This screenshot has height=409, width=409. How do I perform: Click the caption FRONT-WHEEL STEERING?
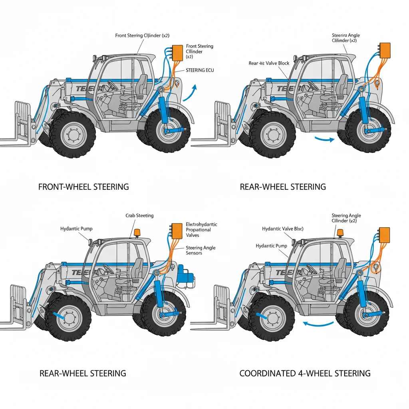click(x=83, y=187)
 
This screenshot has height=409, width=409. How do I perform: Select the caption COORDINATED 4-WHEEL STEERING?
click(x=305, y=373)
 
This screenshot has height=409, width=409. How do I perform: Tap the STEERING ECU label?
click(x=200, y=70)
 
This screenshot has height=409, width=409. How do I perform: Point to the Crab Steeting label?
click(x=139, y=216)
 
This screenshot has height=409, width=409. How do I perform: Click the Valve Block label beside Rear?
click(x=268, y=64)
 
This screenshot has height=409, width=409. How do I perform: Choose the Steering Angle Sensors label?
click(x=201, y=250)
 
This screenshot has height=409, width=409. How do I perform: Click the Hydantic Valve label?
click(x=282, y=229)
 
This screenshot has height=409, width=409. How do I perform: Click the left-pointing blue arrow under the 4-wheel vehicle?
click(x=318, y=324)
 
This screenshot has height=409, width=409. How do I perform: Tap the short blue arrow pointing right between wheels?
click(x=324, y=139)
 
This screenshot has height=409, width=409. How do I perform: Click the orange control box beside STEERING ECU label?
click(x=176, y=52)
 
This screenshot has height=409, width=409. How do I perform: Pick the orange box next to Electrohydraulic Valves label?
click(x=176, y=230)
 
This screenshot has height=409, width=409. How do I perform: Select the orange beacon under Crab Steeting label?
click(x=137, y=232)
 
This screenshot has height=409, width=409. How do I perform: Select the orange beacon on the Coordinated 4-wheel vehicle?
click(x=340, y=232)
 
